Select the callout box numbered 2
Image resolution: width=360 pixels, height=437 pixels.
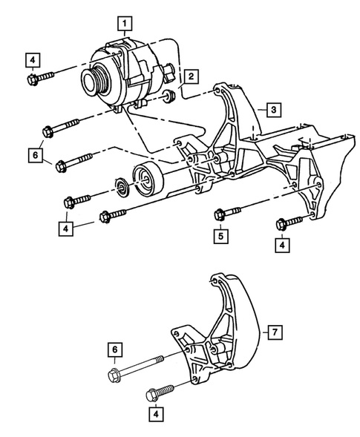tap(191, 76)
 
